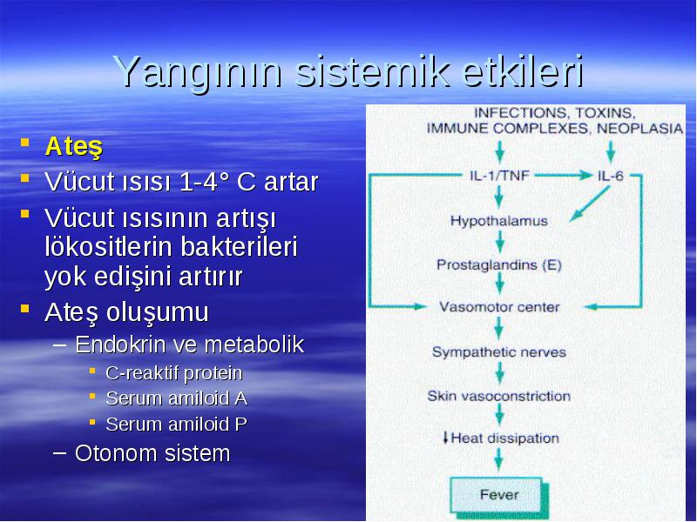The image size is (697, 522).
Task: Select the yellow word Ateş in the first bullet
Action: click(74, 146)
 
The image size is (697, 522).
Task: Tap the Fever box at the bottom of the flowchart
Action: click(499, 495)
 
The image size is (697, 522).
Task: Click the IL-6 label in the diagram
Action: click(611, 177)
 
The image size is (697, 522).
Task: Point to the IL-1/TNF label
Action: click(499, 176)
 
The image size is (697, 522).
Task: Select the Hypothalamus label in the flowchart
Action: click(498, 221)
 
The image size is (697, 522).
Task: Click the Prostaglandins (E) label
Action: click(499, 265)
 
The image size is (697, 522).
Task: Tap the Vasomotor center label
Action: click(499, 307)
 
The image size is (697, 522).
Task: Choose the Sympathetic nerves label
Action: click(499, 352)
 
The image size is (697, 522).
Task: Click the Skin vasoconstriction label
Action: click(498, 396)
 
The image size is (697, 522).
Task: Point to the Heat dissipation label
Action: click(501, 438)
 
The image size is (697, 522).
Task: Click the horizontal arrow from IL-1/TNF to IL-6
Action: click(563, 176)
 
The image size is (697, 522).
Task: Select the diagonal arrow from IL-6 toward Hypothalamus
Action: click(590, 204)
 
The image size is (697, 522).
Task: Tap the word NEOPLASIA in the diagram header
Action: click(639, 129)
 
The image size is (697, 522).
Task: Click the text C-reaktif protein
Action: click(173, 373)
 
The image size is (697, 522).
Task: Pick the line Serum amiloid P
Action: click(176, 425)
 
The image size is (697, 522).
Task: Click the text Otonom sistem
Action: click(152, 453)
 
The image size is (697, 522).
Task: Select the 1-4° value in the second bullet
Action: click(205, 182)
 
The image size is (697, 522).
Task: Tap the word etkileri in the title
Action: click(524, 71)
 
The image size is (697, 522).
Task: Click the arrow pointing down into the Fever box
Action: click(498, 459)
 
